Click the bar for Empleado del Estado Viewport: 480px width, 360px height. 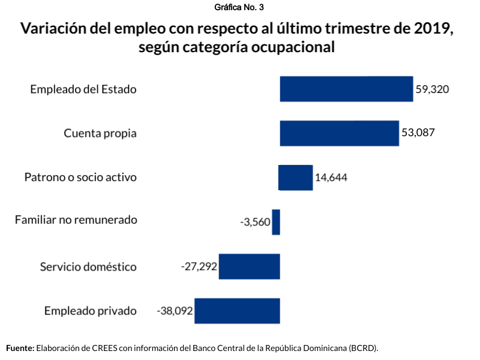point(346,89)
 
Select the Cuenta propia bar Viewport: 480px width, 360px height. point(339,133)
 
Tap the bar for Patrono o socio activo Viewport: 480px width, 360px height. point(296,178)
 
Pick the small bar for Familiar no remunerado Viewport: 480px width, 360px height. point(276,222)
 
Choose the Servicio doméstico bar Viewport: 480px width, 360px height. point(249,266)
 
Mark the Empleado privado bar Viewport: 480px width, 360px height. point(237,311)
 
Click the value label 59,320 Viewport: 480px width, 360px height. point(433,89)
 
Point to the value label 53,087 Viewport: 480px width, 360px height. point(418,133)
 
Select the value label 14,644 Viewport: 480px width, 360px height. point(331,178)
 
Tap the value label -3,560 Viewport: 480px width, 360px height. point(255,222)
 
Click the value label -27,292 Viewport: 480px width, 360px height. point(199,266)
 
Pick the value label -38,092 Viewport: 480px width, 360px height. point(175,311)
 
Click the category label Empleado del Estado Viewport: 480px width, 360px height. point(83,89)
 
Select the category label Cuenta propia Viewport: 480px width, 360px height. point(100,133)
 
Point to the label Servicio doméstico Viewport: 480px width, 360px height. point(88,266)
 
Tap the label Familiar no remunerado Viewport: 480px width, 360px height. point(76,220)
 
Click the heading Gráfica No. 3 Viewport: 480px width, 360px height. point(239,7)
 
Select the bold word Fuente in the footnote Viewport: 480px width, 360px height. point(20,348)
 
